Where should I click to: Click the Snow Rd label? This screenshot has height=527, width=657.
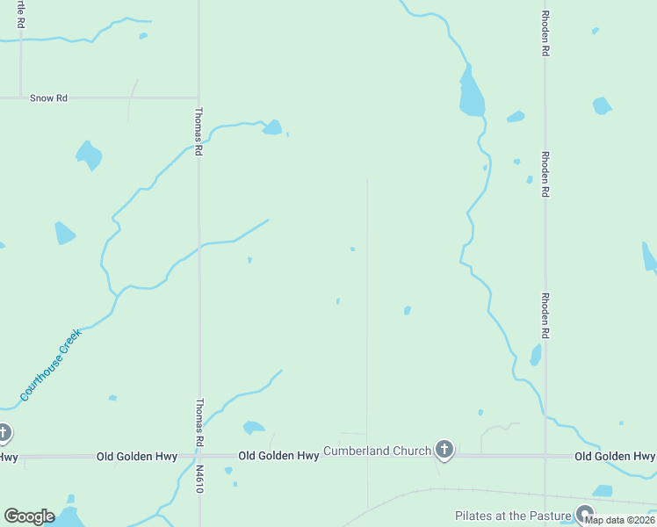pyautogui.click(x=48, y=98)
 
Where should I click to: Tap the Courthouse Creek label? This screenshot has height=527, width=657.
pyautogui.click(x=51, y=365)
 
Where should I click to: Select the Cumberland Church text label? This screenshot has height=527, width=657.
pyautogui.click(x=377, y=451)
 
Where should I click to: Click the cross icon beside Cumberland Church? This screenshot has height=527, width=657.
pyautogui.click(x=444, y=451)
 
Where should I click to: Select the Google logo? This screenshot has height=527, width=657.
pyautogui.click(x=29, y=516)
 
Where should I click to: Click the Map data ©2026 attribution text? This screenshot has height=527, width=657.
pyautogui.click(x=619, y=520)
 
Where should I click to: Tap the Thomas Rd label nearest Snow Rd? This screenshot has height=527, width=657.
pyautogui.click(x=199, y=132)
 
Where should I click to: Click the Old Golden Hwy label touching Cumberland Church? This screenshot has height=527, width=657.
pyautogui.click(x=278, y=456)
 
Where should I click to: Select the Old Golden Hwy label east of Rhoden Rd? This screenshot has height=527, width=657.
pyautogui.click(x=614, y=457)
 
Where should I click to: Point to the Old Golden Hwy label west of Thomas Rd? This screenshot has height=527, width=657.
pyautogui.click(x=136, y=457)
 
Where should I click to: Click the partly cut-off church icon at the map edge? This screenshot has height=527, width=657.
pyautogui.click(x=4, y=433)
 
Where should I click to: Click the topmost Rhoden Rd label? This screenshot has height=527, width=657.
pyautogui.click(x=545, y=33)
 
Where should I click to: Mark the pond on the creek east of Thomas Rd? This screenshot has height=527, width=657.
pyautogui.click(x=272, y=128)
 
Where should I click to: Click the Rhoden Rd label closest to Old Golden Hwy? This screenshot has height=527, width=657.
pyautogui.click(x=545, y=316)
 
